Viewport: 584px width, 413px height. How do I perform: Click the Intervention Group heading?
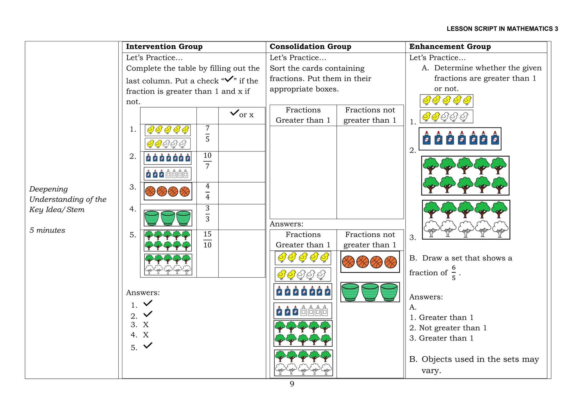(x=164, y=46)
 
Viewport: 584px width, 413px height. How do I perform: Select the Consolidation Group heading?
(x=310, y=46)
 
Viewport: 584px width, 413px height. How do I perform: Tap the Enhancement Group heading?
(x=450, y=46)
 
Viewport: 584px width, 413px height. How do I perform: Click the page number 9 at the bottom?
(x=292, y=384)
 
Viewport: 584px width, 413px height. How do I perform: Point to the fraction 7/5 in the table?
(x=207, y=133)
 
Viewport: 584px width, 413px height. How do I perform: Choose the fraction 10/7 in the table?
(x=207, y=161)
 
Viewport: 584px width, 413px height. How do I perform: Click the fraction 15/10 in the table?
(x=207, y=240)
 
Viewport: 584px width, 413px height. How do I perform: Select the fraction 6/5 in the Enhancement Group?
(x=453, y=273)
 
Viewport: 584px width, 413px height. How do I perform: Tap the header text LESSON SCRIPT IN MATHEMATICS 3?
(x=502, y=29)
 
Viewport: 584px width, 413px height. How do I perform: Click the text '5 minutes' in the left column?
(x=47, y=230)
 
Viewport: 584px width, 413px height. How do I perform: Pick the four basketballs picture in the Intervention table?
(x=168, y=191)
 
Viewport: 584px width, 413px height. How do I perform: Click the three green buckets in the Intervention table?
(x=168, y=218)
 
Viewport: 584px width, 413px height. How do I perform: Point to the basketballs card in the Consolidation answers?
(x=370, y=262)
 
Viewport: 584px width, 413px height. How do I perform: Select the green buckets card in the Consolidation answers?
(x=370, y=292)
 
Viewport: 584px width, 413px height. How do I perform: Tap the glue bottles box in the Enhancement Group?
(x=460, y=139)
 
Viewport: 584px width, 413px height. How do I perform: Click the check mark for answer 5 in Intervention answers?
(x=148, y=346)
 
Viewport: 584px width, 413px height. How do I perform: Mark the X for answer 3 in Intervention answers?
(x=146, y=325)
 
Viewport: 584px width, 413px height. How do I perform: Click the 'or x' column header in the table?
(x=242, y=114)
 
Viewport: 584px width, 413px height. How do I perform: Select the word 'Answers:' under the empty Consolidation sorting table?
(x=286, y=224)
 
